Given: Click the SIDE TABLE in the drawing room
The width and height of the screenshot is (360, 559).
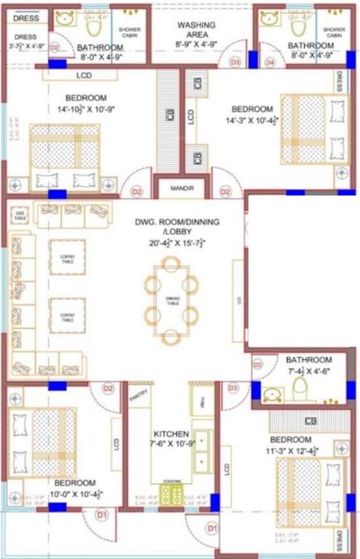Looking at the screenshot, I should pyautogui.click(x=20, y=216).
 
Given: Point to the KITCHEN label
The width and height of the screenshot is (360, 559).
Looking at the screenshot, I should pyautogui.click(x=171, y=435).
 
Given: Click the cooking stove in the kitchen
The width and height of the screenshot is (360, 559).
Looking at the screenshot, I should pyautogui.click(x=172, y=494).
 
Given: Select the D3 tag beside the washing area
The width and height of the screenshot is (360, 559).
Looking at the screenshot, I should pyautogui.click(x=235, y=63).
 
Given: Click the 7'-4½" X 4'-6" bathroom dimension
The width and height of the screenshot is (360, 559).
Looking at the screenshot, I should pyautogui.click(x=309, y=370).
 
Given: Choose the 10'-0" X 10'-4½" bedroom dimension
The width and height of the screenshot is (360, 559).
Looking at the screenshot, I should pyautogui.click(x=74, y=493).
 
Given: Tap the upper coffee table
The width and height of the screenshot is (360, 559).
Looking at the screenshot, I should pyautogui.click(x=67, y=256).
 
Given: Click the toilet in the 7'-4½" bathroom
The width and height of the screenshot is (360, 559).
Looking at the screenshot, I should pyautogui.click(x=300, y=392).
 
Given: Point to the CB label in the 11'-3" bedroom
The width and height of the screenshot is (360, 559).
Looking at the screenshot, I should pyautogui.click(x=311, y=421).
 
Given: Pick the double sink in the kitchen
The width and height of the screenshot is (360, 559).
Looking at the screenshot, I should pyautogui.click(x=200, y=451).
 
